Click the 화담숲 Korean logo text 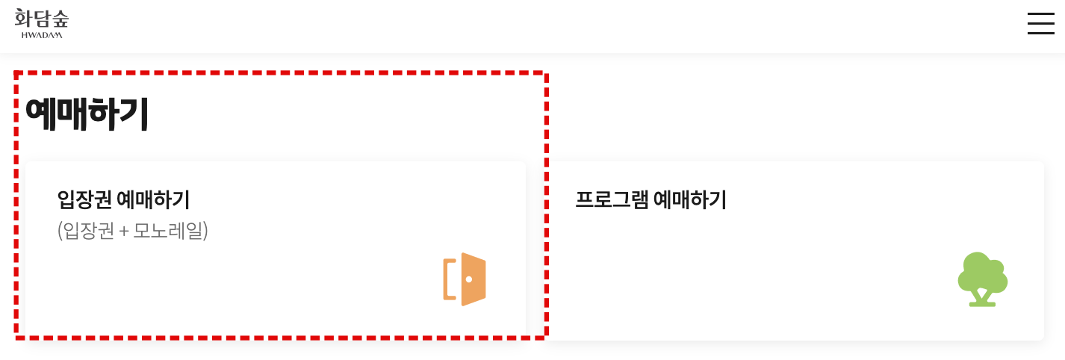41,18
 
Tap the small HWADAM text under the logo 42,34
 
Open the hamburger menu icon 1040,23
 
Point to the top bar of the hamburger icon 1040,13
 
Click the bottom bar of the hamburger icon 1040,33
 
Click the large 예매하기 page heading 87,114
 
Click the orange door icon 465,279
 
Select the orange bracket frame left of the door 448,279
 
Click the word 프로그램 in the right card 612,200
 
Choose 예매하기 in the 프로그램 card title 690,200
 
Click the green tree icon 982,279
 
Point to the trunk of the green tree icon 982,298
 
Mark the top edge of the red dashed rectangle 281,73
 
